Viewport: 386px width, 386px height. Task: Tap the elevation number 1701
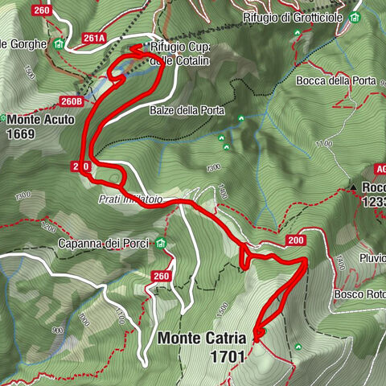tap(228, 355)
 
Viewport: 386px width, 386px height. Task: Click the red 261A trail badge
tap(94, 37)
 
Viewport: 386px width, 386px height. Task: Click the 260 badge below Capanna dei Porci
tap(162, 276)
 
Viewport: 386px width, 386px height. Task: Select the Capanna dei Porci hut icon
tap(161, 244)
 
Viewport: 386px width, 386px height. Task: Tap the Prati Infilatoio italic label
tap(132, 198)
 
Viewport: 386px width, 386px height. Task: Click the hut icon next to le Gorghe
tap(58, 43)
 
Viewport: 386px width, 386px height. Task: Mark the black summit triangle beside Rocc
tap(353, 188)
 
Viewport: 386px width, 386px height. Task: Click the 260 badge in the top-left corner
tap(41, 10)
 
